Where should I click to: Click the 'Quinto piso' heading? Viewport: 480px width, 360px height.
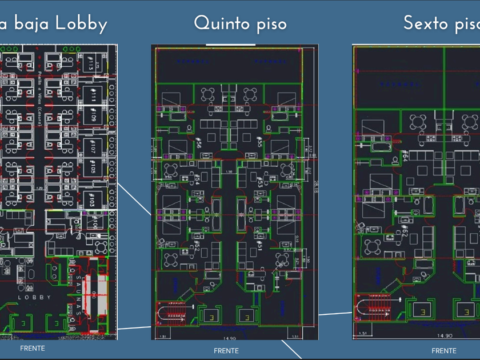240,23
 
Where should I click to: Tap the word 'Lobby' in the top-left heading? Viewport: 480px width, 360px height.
81,24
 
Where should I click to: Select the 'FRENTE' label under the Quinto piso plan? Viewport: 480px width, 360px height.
226,350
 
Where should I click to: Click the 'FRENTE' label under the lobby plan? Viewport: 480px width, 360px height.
32,348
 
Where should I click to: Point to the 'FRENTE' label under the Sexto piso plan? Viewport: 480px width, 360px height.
444,350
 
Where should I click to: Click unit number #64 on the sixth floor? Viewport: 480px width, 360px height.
405,155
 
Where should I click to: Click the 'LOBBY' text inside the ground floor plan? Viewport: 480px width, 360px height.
35,298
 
